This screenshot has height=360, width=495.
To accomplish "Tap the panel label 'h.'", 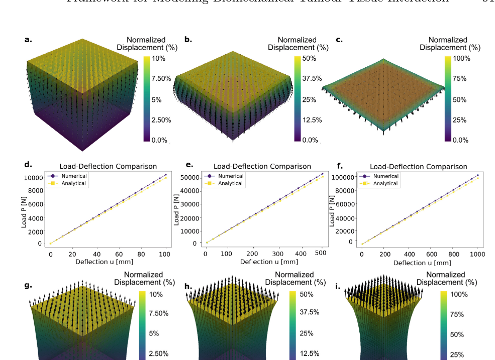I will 188,286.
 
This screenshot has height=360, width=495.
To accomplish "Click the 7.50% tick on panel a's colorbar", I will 161,79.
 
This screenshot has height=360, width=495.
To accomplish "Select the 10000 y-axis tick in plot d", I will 33,178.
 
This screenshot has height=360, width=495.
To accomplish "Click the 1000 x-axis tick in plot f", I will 477,255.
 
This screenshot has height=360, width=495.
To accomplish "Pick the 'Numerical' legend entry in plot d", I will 74,176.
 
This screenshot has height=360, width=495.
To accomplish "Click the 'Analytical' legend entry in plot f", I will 385,183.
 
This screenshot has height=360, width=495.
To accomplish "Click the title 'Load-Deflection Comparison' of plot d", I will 108,166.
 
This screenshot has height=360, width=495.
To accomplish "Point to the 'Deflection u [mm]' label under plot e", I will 265,262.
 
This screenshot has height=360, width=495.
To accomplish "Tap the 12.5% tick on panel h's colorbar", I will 310,353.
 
